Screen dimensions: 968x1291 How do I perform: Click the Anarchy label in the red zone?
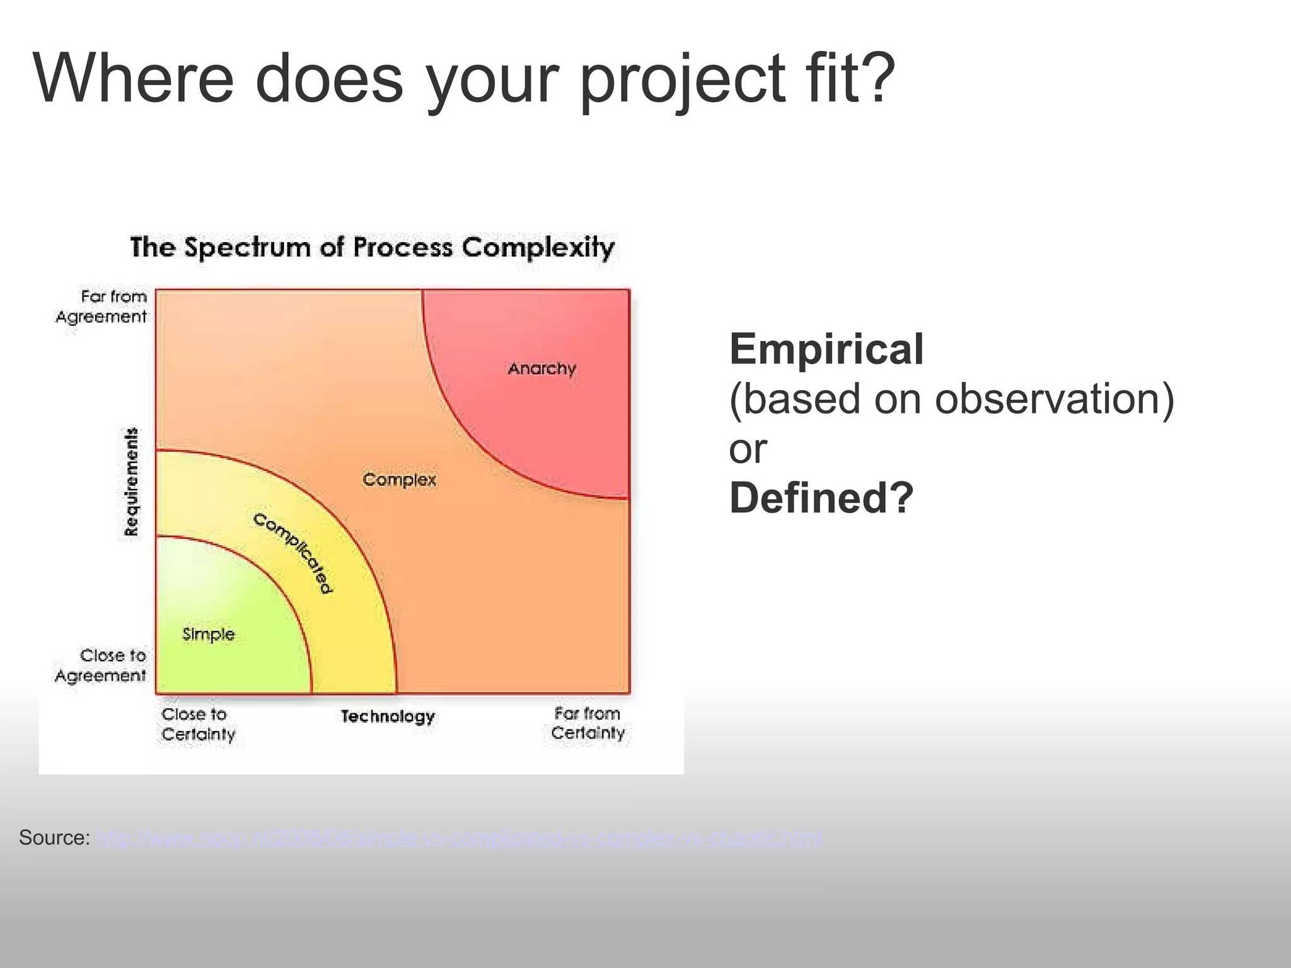click(541, 369)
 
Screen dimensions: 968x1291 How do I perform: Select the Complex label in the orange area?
click(399, 480)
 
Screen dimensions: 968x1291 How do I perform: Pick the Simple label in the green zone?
click(208, 634)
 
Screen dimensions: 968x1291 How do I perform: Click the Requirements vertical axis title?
click(131, 482)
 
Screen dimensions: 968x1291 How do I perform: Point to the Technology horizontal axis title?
click(388, 717)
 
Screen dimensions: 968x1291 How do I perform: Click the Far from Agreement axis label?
click(102, 306)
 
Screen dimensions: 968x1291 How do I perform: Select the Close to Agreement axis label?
click(101, 665)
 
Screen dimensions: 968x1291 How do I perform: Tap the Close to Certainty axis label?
click(198, 724)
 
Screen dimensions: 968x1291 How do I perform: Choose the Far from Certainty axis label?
click(588, 723)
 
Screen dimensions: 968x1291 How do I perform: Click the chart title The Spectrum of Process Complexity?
click(372, 247)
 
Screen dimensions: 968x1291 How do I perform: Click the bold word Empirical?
click(826, 349)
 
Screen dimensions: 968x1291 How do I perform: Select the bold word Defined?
click(821, 498)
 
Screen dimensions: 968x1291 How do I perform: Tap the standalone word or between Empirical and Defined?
click(748, 449)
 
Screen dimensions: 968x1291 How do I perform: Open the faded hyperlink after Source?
click(459, 839)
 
